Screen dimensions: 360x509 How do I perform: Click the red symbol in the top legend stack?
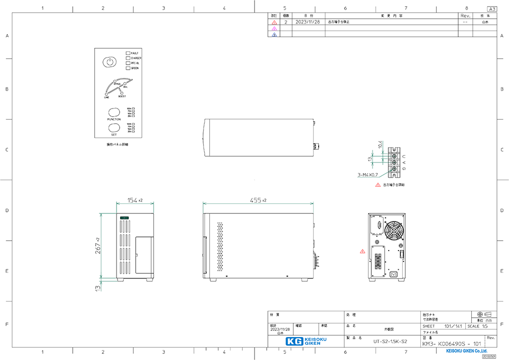(274, 22)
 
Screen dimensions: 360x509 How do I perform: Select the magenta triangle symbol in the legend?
(274, 29)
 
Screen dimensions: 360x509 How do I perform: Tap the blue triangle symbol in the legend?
(274, 34)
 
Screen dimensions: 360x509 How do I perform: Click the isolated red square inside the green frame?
(362, 253)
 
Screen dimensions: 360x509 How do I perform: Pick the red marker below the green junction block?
(378, 184)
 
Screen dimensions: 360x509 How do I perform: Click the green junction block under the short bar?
(378, 160)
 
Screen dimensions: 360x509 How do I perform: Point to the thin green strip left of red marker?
(365, 177)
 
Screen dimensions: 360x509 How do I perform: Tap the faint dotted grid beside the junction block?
(391, 162)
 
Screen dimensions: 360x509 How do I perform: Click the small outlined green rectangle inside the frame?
(124, 218)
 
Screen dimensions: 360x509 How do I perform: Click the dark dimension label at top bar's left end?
(134, 202)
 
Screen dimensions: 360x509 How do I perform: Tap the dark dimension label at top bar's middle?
(258, 202)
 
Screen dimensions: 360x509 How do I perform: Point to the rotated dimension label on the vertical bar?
(99, 245)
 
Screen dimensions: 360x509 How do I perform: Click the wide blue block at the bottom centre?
(307, 341)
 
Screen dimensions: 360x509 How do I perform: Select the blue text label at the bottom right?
(466, 350)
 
